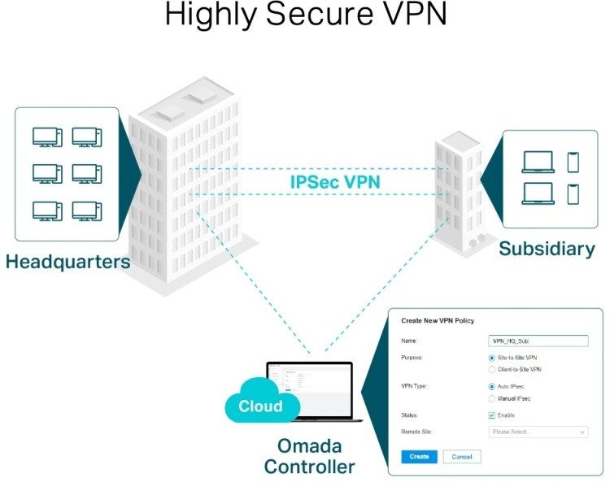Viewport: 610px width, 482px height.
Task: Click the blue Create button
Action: [419, 457]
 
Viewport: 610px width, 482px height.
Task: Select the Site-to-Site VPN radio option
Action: [492, 358]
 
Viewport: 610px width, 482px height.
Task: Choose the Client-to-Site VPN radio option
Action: [492, 370]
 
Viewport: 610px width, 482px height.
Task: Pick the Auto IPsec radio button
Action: [492, 387]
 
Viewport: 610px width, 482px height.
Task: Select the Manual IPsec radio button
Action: [492, 399]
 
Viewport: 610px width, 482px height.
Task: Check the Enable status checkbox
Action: [492, 415]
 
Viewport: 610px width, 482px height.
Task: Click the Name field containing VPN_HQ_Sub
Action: [538, 341]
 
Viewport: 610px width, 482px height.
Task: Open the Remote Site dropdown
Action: [538, 432]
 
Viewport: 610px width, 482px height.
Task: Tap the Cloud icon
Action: [260, 405]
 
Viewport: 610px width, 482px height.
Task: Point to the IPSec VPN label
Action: [335, 181]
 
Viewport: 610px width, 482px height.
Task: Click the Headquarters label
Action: [68, 262]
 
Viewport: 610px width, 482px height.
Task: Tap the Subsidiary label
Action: [547, 248]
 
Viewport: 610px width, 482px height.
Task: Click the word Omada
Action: [309, 446]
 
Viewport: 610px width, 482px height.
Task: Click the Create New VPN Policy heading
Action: [438, 321]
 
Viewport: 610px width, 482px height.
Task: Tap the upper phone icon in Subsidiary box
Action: [573, 162]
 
